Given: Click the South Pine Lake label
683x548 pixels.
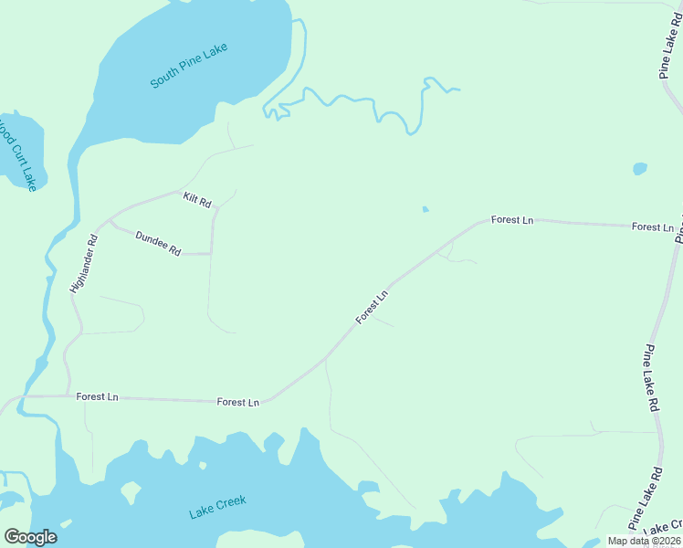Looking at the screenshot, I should [x=189, y=67].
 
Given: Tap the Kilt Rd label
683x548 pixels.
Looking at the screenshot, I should [x=196, y=199].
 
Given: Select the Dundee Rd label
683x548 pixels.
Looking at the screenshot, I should [x=158, y=243].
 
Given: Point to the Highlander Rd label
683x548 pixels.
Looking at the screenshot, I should [x=83, y=266].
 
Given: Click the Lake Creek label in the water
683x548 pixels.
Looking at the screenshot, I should [x=217, y=507].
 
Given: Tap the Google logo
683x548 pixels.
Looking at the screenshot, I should [x=30, y=537].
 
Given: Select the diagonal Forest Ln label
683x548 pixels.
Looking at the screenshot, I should [x=373, y=306].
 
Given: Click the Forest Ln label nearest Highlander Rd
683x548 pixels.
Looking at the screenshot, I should [x=97, y=396].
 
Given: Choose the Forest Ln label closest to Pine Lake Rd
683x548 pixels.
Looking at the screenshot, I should [x=652, y=227].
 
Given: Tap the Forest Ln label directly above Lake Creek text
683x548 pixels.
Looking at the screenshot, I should [x=238, y=402].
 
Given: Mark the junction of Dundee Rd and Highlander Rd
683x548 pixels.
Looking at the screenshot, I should [x=109, y=222].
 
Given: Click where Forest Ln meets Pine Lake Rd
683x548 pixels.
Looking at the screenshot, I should [x=678, y=228].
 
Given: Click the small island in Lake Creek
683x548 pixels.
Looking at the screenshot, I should [x=131, y=492].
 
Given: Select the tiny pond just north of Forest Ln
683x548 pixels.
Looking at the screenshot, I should [x=426, y=210].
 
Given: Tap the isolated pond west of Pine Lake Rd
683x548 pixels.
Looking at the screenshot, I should [x=639, y=169].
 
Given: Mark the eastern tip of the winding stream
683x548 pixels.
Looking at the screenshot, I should [x=457, y=90].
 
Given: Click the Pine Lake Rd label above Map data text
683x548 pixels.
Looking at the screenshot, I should [x=645, y=498].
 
